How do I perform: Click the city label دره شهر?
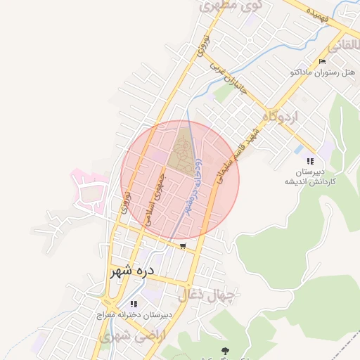(132, 271)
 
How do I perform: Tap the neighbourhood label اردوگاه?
(280, 114)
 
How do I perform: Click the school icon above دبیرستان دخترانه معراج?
(133, 304)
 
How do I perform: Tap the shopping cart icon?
(183, 246)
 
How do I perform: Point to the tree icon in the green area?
(224, 349)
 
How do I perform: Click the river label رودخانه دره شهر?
(193, 186)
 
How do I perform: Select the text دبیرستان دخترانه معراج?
(134, 316)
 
